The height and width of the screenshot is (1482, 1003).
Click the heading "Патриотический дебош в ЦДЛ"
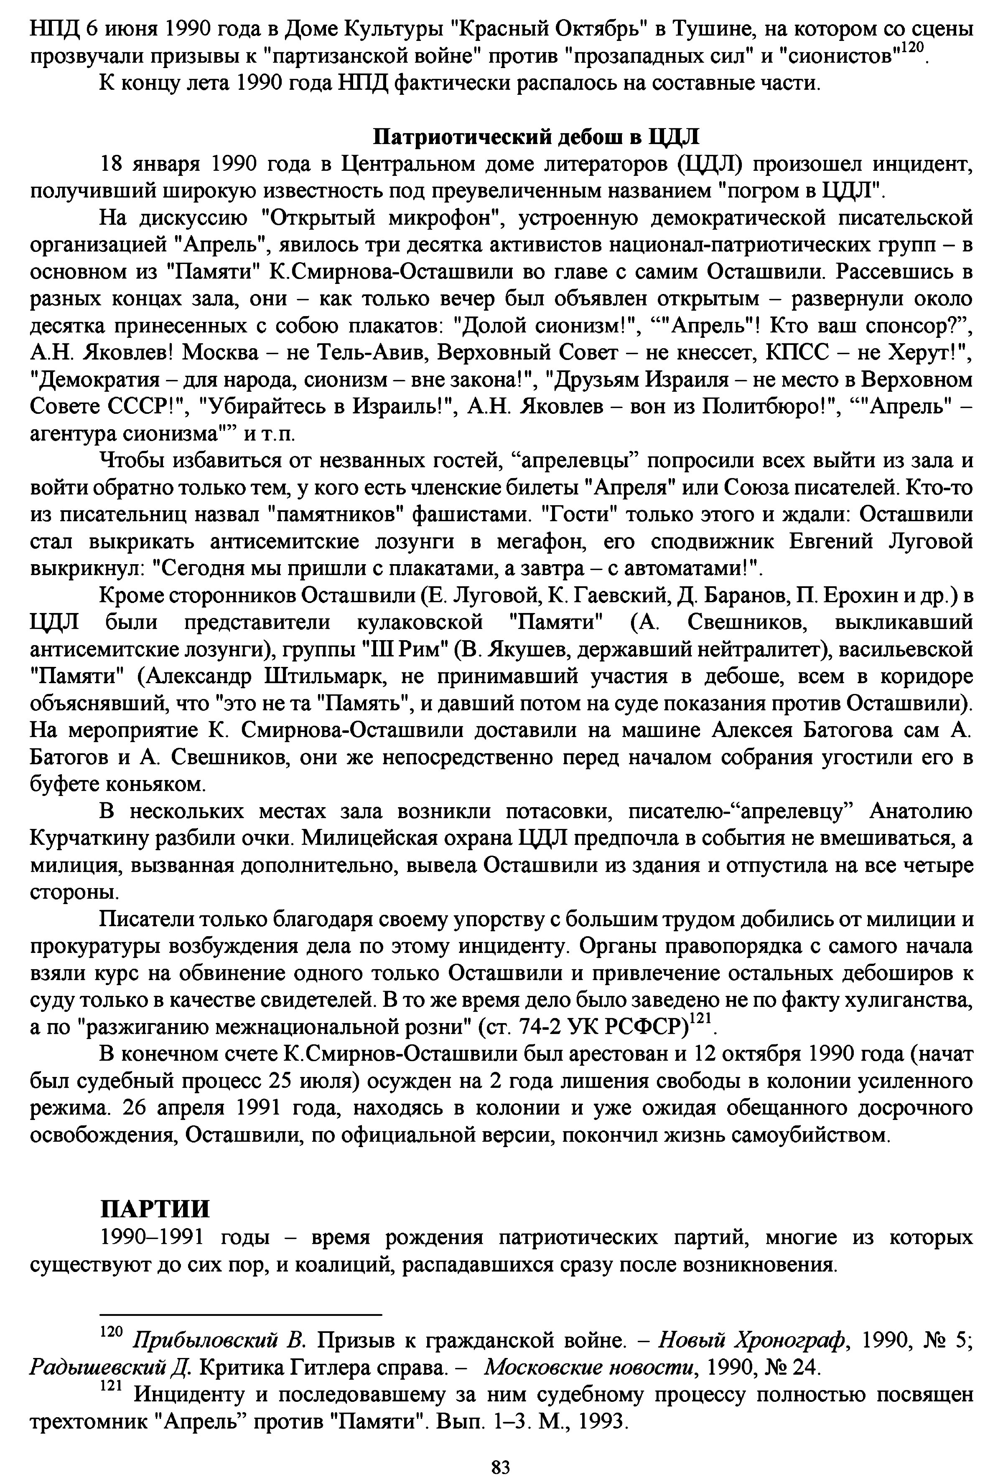point(535,137)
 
